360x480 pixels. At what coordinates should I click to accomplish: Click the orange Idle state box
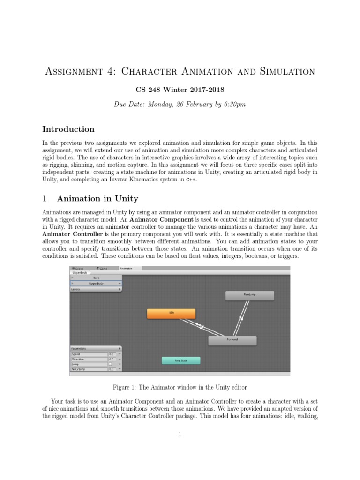(171, 314)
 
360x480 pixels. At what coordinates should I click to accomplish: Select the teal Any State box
(181, 360)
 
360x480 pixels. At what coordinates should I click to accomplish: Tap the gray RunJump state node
(249, 295)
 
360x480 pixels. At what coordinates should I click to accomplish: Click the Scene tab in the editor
(78, 268)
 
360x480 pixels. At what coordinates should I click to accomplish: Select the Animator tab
(126, 268)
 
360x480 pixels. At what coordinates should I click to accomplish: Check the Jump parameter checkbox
(110, 364)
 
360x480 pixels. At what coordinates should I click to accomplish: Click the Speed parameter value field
(112, 354)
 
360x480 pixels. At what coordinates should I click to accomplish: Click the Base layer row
(96, 278)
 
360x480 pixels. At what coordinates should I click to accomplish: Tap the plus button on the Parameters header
(120, 349)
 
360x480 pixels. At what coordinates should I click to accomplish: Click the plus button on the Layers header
(120, 289)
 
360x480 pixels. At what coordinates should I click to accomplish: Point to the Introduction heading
(68, 129)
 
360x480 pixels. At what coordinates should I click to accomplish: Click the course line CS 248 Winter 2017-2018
(180, 90)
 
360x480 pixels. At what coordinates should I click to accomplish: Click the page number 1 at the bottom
(180, 435)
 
